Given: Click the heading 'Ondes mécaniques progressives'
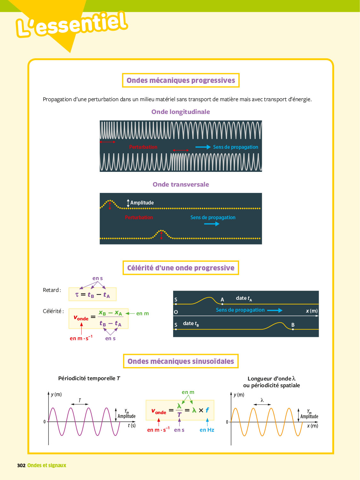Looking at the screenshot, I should click(x=181, y=80).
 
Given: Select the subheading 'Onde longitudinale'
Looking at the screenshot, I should click(x=180, y=112).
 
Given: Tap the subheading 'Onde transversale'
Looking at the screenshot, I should click(x=180, y=184).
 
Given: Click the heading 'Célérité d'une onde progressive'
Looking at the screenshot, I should click(x=181, y=268).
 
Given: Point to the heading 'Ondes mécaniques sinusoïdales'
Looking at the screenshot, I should click(x=181, y=361).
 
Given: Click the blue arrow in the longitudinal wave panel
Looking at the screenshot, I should click(x=203, y=147).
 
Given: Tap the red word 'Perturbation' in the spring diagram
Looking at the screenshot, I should click(x=143, y=147).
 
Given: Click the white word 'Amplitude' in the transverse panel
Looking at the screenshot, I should click(x=142, y=203).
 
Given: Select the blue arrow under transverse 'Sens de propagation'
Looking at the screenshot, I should click(x=212, y=224).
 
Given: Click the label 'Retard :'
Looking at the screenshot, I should click(x=52, y=290).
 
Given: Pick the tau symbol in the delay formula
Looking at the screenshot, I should click(x=77, y=294).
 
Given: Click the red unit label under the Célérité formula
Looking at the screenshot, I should click(x=81, y=338).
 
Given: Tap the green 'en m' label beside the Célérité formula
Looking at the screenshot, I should click(x=142, y=313).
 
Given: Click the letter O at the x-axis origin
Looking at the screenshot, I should click(x=176, y=312).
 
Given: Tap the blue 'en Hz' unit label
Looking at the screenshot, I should click(x=207, y=430).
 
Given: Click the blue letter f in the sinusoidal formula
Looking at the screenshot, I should click(x=207, y=410).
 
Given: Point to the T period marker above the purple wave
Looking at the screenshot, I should click(x=80, y=401).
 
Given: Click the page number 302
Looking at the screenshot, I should click(x=21, y=465).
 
